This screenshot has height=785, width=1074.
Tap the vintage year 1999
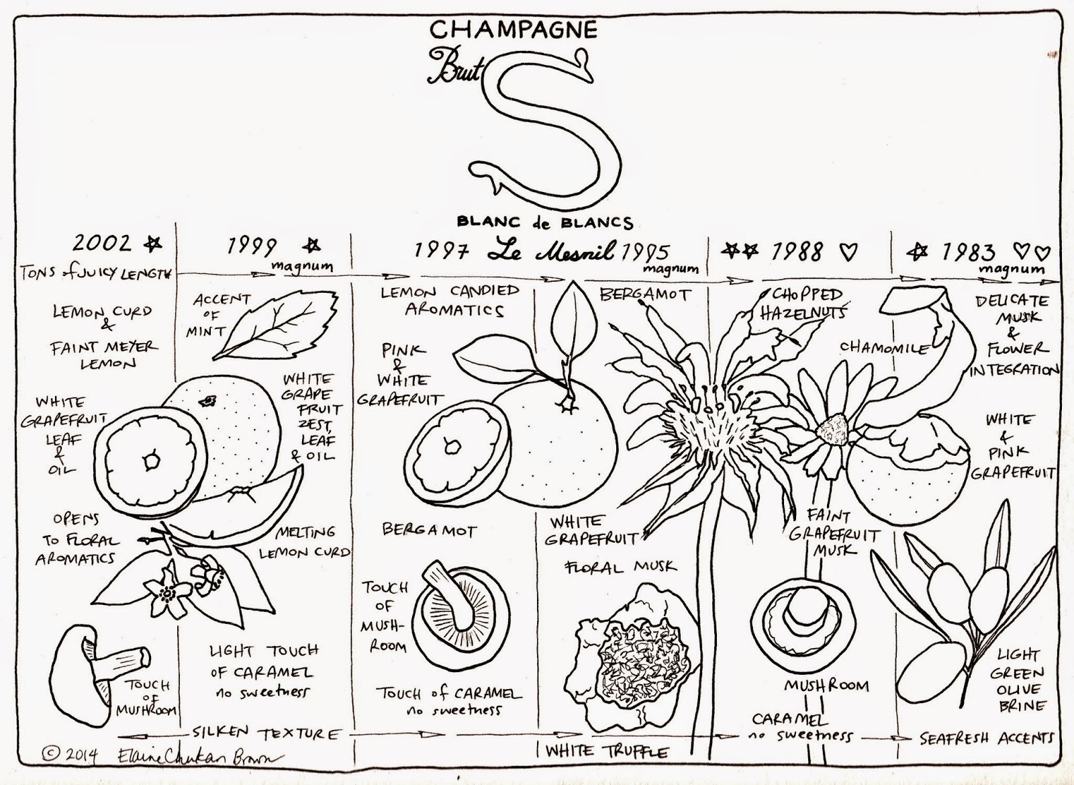[251, 246]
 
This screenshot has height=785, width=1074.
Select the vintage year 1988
[797, 252]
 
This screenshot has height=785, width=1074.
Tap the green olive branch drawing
[953, 604]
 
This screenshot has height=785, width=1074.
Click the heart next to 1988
[849, 252]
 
